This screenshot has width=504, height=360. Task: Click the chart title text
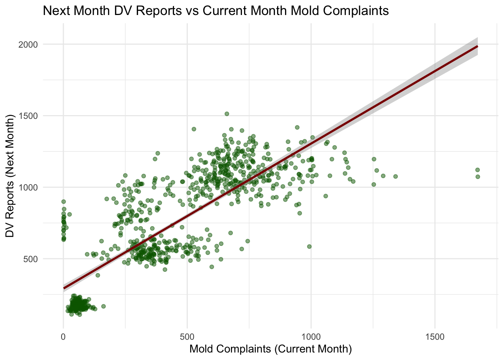pos(216,10)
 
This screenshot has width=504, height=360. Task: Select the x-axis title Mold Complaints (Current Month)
pos(270,349)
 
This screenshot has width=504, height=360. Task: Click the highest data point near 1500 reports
pos(227,114)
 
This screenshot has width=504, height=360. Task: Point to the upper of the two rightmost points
pos(477,170)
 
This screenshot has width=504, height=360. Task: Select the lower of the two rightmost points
pos(478,177)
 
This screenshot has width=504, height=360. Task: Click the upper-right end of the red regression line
pos(477,46)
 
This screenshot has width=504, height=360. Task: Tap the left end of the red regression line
pos(64,288)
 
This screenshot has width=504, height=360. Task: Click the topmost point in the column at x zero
pos(63,201)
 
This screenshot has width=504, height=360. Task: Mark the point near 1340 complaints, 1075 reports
pos(395,176)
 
